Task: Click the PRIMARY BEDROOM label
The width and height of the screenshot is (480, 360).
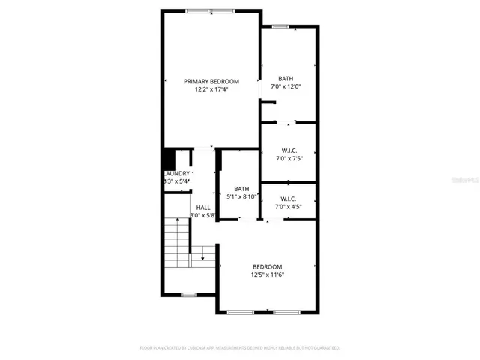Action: coord(211,81)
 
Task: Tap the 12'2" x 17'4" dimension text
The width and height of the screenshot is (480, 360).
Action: coord(211,89)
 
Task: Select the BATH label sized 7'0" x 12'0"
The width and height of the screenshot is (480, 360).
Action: coord(286,79)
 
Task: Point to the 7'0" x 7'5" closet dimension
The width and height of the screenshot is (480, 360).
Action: coord(289,158)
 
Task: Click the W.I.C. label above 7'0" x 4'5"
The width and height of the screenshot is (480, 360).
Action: coord(289,199)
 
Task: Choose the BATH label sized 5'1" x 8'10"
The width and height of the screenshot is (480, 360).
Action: coord(241,189)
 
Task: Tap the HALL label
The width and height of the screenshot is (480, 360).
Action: coord(203,207)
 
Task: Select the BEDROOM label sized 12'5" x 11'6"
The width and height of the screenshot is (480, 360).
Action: coord(267,267)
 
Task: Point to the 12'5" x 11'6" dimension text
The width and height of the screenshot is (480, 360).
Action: coord(267,275)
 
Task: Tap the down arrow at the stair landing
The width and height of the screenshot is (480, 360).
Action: coord(202,257)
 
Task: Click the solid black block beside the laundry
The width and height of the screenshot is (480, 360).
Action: coord(169,160)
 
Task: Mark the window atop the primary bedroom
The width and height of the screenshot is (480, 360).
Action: coord(209,10)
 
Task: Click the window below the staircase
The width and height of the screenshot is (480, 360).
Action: coord(189,293)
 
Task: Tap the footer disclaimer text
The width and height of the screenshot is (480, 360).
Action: coord(240,348)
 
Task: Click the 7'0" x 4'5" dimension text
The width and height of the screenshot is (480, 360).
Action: coord(289,207)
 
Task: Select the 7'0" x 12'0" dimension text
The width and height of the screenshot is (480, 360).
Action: coord(286,87)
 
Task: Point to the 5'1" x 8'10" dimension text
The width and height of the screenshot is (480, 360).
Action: coord(241,197)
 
